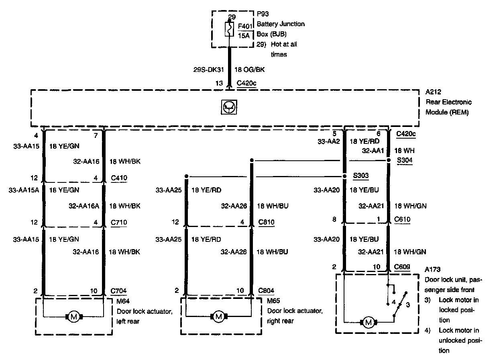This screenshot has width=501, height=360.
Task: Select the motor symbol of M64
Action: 73,317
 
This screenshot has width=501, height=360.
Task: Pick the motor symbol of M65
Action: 218,317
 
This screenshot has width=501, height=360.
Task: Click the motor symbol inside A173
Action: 369,321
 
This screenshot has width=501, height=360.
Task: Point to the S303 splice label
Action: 361,176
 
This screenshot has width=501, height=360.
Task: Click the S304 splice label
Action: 405,160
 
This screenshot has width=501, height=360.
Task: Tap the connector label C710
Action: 119,222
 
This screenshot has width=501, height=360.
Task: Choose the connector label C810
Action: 267,222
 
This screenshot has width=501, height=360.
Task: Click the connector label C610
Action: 403,219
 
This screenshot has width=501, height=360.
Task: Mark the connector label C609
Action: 403,266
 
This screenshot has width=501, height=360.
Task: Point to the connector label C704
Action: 119,290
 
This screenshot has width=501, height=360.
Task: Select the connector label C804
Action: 267,290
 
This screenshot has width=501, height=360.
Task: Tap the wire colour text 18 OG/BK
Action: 249,70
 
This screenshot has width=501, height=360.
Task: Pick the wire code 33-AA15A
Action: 24,190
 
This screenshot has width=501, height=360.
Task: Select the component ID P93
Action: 263,14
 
